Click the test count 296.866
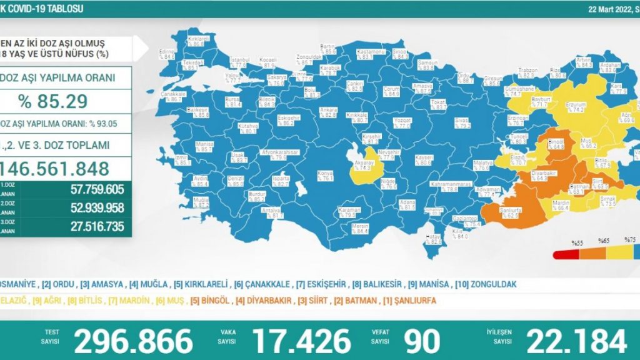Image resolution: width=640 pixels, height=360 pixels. pos(133,341)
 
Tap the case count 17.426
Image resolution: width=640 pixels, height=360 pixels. pos(301,341)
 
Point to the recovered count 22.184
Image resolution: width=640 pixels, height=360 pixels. pos(576,341)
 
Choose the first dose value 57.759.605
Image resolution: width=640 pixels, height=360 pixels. pos(89,189)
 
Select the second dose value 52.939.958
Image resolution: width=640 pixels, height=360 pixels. pos(89,209)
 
